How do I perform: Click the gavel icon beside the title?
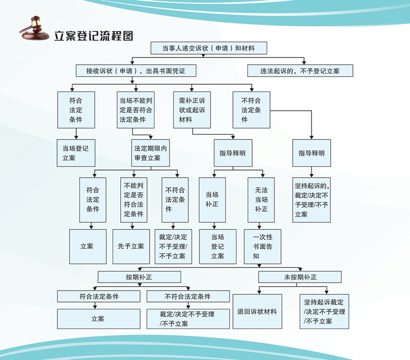coord(34,28)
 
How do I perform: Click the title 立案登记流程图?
coord(93,36)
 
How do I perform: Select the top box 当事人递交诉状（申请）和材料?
coord(209,48)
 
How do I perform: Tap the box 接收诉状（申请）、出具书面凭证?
coord(136,71)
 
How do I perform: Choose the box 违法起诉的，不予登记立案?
coord(300,71)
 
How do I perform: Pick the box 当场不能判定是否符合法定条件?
coord(135,110)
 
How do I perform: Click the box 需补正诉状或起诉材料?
coord(192,110)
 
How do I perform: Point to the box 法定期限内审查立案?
coord(150,153)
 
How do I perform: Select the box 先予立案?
coord(131,247)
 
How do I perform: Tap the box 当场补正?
coord(212,200)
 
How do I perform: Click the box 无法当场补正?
coord(261,200)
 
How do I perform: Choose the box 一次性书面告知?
coord(262,247)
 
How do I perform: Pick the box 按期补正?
coord(139,277)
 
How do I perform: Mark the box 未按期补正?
coord(300,277)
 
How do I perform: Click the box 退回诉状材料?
coord(257,312)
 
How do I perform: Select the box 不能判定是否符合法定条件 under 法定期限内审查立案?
coord(133,200)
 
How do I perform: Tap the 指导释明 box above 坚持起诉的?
coord(312,153)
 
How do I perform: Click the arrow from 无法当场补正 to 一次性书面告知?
coord(259,226)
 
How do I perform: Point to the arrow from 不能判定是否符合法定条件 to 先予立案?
coord(132,226)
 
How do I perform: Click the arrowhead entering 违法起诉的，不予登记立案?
coord(304,63)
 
